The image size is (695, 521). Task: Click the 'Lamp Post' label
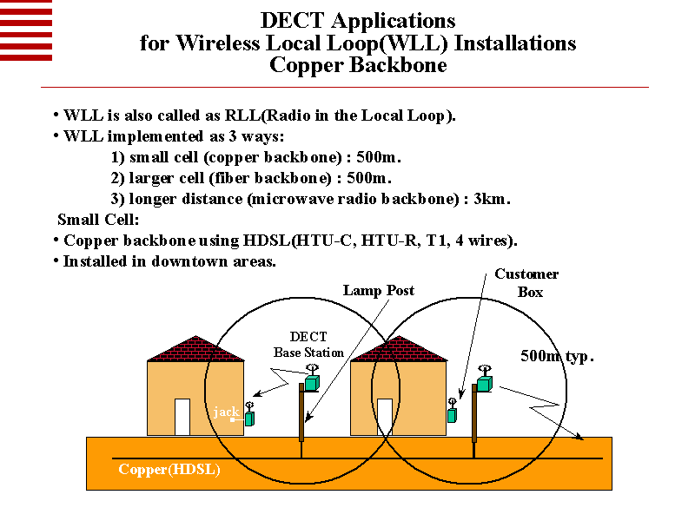tap(378, 290)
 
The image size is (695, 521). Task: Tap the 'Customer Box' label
tap(526, 283)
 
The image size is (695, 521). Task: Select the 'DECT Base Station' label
tap(308, 345)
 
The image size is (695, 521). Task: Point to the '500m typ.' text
tap(557, 356)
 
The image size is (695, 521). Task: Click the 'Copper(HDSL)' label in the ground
tap(169, 470)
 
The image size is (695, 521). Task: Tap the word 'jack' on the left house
tap(226, 412)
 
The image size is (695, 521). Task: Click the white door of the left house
tap(182, 417)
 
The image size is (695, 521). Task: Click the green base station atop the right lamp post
tap(484, 383)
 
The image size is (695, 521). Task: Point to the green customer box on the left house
tap(249, 419)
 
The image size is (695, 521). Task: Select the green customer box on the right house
tap(452, 415)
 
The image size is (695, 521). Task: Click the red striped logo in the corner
tap(26, 30)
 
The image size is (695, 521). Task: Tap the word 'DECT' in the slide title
tap(294, 20)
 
